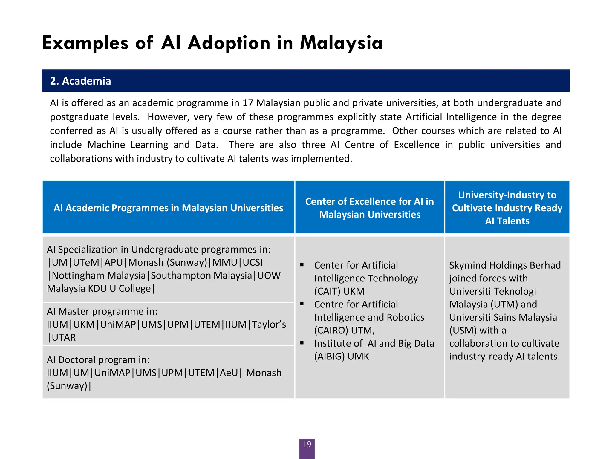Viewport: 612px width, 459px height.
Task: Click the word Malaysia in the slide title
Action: (x=341, y=43)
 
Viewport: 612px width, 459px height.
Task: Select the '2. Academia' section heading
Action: (x=80, y=81)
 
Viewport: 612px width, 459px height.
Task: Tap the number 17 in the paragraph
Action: (x=248, y=103)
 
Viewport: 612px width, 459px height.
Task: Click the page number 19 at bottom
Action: (x=307, y=444)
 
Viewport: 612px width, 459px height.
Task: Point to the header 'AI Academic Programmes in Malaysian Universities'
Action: (x=168, y=208)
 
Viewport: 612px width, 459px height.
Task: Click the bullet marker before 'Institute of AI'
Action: (x=302, y=343)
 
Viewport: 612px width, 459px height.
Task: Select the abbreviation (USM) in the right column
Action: (x=463, y=331)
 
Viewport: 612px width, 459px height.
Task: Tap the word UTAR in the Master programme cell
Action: (x=64, y=337)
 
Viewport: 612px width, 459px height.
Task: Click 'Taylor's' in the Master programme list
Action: (x=269, y=325)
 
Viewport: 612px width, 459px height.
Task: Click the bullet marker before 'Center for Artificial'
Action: (x=302, y=265)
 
